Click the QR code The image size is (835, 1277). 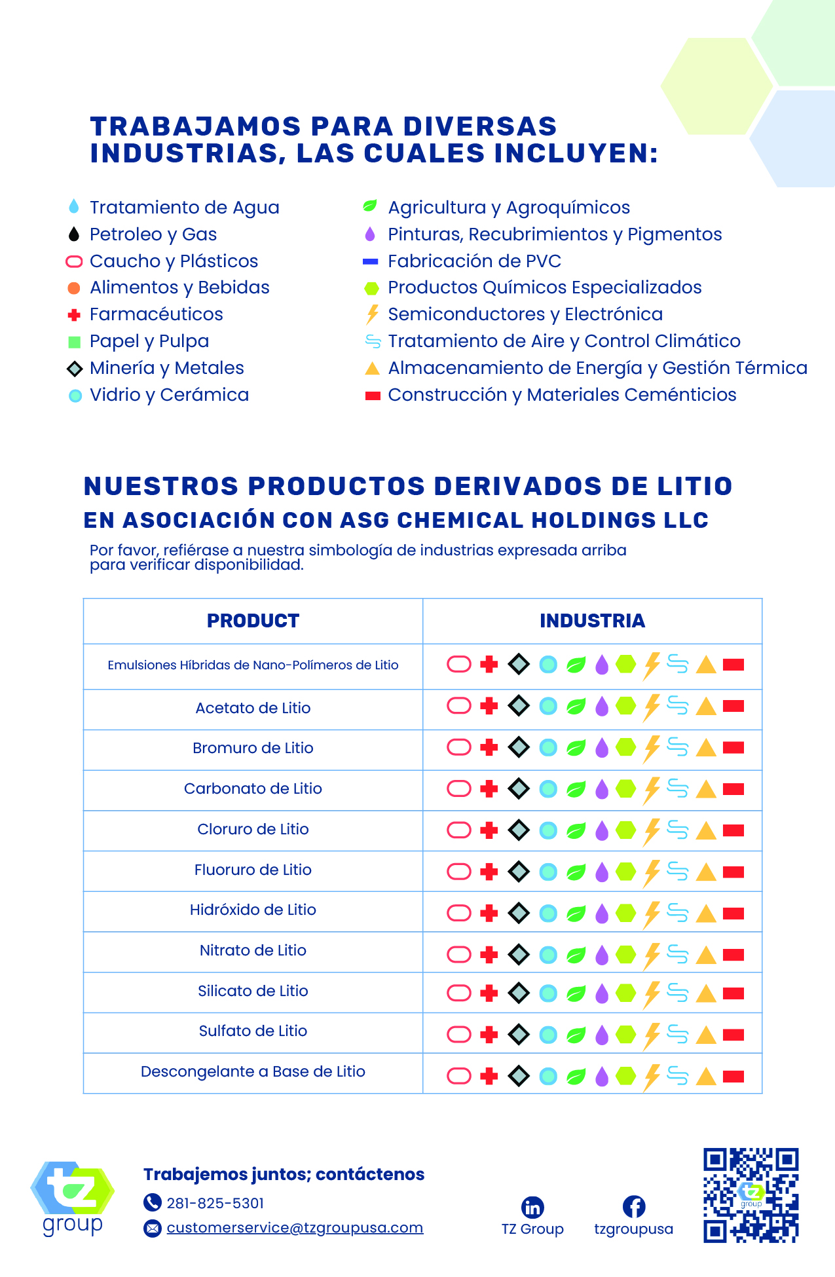point(751,1195)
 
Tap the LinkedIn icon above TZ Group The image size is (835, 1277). point(532,1207)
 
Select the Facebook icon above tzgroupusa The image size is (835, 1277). point(633,1207)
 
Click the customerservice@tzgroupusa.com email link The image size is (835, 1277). point(295,1228)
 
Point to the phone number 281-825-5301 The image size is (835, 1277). point(215,1203)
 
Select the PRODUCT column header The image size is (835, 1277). point(253,621)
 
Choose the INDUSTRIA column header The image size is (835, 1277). point(592,621)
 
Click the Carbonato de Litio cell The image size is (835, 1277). point(253,788)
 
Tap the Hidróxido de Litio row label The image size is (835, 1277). point(253,910)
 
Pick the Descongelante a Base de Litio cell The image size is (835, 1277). point(253,1071)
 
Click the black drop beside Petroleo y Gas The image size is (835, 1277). point(74,234)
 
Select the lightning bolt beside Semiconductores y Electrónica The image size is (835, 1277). point(372,314)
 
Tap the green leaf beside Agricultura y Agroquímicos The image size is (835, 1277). point(370,207)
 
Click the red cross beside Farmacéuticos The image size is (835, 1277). point(74,315)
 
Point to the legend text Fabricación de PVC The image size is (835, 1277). point(474,261)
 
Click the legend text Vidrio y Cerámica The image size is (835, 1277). point(169,395)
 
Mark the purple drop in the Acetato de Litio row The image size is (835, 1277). point(602,707)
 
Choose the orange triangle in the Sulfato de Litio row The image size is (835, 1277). point(705,1035)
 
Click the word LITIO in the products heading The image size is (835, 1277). point(696,487)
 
